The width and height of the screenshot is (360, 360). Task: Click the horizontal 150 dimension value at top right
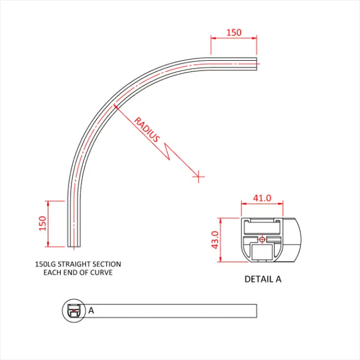[234, 32]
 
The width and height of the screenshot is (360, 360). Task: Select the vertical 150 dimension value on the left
[42, 223]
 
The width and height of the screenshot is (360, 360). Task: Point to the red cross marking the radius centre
[198, 177]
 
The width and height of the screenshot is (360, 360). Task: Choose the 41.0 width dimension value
[262, 198]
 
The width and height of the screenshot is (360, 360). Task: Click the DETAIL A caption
[263, 278]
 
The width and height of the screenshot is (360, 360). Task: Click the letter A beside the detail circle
[91, 310]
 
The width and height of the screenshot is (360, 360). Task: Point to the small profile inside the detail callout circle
[73, 310]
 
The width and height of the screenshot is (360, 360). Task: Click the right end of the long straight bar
[256, 310]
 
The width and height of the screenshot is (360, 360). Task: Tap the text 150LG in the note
[46, 264]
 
